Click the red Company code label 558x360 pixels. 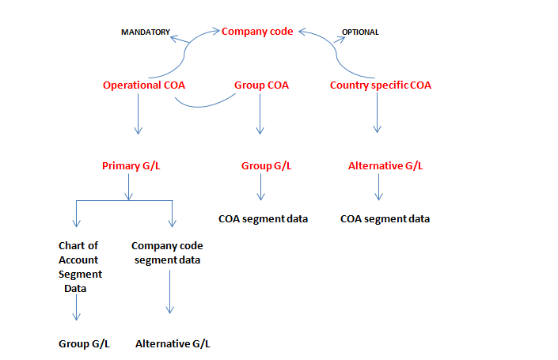tap(257, 32)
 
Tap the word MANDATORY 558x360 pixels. tap(145, 32)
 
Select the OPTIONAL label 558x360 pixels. tap(360, 32)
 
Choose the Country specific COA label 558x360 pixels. tap(381, 85)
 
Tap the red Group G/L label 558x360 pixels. tap(266, 166)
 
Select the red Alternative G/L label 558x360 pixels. tap(385, 166)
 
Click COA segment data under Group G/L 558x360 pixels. tap(263, 218)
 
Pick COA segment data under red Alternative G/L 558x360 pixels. tap(385, 218)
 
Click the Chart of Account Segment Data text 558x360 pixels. tap(80, 267)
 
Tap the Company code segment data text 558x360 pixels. tap(166, 253)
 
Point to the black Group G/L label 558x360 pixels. tap(85, 344)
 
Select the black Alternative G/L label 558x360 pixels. tap(173, 344)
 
